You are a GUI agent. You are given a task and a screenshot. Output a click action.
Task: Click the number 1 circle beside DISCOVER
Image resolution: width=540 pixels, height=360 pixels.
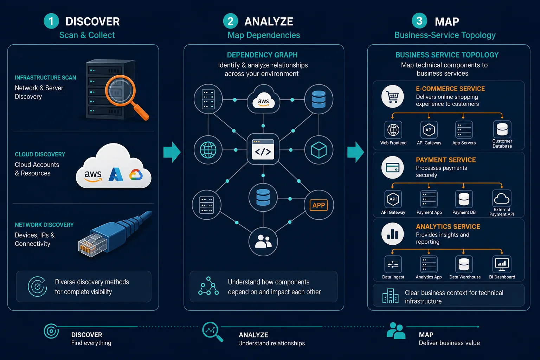[51, 21]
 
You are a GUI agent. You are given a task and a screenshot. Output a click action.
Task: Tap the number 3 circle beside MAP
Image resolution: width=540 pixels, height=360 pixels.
[419, 21]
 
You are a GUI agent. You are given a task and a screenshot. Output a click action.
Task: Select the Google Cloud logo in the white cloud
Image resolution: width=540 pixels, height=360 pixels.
[136, 175]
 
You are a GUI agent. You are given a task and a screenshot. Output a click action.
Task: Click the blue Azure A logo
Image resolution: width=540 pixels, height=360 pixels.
[116, 174]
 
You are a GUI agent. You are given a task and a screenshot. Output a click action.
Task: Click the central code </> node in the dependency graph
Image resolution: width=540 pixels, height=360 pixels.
[263, 149]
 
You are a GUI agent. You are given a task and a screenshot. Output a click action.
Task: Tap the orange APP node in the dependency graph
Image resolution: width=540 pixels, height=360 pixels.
[319, 205]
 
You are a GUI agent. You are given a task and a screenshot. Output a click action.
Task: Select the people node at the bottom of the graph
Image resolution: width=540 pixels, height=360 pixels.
[263, 242]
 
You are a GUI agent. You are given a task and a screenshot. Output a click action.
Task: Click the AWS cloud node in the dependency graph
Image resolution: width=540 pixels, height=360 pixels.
[263, 100]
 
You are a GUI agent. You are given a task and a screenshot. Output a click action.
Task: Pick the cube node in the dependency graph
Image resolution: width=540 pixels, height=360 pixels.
[319, 150]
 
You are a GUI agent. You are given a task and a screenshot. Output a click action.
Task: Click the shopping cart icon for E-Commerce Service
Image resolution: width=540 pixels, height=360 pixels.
[393, 96]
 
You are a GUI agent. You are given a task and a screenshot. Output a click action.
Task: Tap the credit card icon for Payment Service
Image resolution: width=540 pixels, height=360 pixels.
[393, 167]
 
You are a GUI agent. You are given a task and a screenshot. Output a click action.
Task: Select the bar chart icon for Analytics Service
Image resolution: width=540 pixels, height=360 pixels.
[393, 234]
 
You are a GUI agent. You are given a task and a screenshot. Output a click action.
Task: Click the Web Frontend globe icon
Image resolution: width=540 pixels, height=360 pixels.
[393, 130]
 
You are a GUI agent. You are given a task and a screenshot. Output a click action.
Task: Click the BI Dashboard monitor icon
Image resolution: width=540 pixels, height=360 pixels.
[502, 264]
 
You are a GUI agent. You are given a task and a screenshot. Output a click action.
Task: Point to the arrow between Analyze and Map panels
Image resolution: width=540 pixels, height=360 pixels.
[355, 152]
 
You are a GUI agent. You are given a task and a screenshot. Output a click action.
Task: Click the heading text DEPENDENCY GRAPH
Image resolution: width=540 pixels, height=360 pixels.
[262, 55]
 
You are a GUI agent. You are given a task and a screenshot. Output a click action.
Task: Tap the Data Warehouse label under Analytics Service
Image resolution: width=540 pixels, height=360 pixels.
[465, 277]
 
